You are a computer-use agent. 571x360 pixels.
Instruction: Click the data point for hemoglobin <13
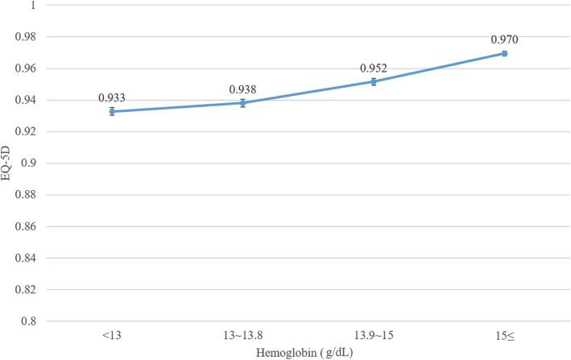tap(112, 111)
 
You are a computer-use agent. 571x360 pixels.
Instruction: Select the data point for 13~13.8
tap(242, 103)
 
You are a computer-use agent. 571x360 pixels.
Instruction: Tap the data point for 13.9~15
tap(374, 81)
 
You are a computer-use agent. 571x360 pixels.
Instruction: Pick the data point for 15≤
tap(504, 53)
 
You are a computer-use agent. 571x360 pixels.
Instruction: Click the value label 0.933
tap(112, 97)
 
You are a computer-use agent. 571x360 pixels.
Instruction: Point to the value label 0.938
tap(242, 89)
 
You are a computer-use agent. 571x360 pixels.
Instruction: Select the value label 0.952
tap(374, 68)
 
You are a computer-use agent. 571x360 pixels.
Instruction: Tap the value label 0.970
tap(504, 38)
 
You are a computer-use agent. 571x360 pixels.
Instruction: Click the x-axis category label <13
tap(112, 333)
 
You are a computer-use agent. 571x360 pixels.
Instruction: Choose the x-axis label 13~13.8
tap(242, 333)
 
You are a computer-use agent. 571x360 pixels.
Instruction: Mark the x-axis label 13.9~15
tap(374, 333)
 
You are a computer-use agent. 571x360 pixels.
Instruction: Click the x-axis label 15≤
tap(504, 333)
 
